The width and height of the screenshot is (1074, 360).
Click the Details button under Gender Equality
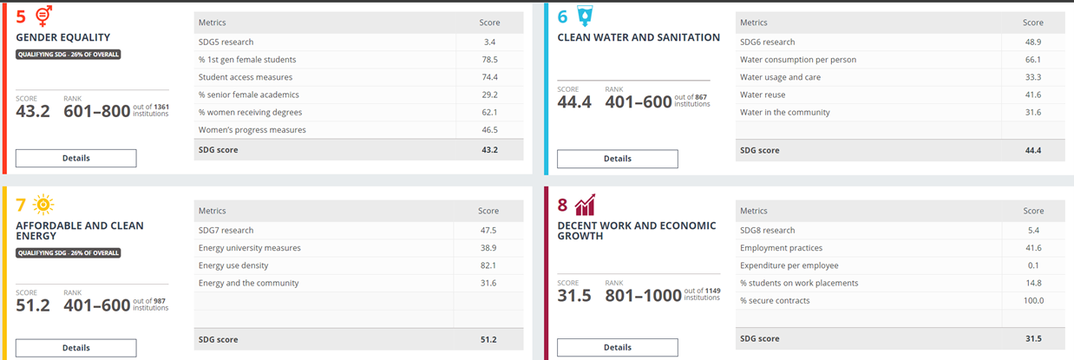[75, 158]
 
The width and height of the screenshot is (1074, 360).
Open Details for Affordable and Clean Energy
[75, 348]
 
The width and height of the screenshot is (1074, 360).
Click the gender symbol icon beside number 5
[43, 16]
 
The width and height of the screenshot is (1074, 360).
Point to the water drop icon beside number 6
[586, 16]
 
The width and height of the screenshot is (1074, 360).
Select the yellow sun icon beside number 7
[43, 205]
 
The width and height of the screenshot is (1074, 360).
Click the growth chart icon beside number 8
[586, 205]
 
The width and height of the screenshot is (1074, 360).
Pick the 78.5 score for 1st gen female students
[489, 60]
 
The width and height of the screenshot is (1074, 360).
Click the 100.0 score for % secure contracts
[1033, 300]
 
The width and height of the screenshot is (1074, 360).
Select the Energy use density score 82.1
[489, 265]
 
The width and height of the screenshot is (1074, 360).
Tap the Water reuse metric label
[763, 95]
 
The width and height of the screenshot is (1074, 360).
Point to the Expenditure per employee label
[789, 265]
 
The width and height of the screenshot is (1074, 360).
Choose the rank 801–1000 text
[644, 296]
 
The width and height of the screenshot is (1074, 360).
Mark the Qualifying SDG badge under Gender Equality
[68, 54]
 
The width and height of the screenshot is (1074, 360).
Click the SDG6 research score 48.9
[1032, 42]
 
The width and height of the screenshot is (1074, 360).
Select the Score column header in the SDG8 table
[1032, 211]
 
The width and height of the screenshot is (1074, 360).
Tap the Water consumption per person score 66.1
[1032, 60]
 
